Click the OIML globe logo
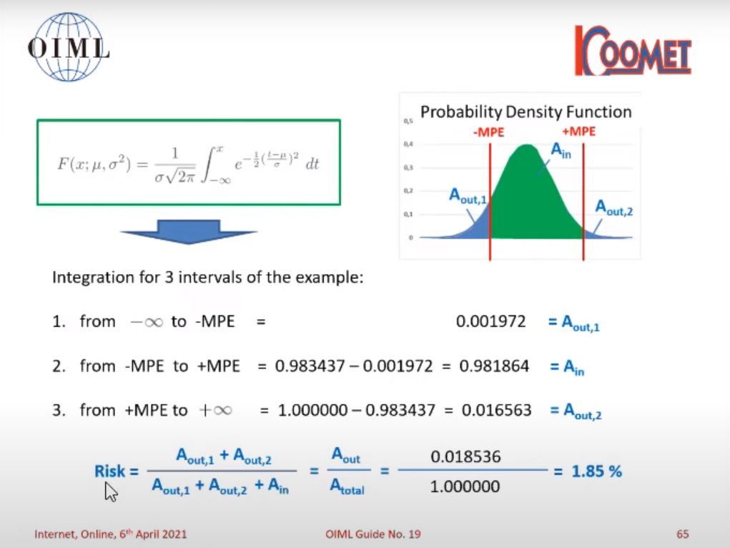(69, 47)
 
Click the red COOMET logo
(633, 50)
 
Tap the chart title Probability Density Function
(526, 112)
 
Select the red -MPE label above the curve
(488, 132)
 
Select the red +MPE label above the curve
(578, 132)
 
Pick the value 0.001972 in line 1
(490, 321)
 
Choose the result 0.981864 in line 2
(494, 366)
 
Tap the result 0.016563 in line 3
(496, 410)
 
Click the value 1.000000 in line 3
(312, 410)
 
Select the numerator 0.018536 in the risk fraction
(465, 456)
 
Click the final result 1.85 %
(596, 471)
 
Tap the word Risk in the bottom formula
(110, 471)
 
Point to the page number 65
(683, 534)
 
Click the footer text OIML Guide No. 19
(373, 534)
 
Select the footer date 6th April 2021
(153, 534)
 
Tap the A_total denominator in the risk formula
(347, 486)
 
